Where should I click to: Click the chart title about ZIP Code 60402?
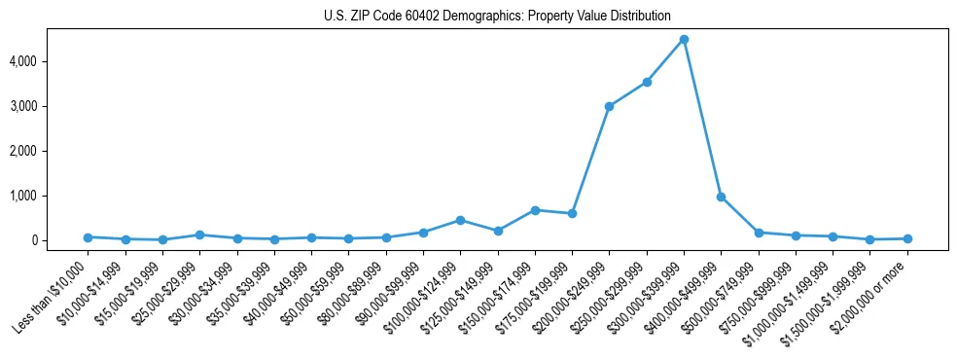pyautogui.click(x=497, y=16)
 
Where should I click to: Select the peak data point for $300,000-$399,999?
pyautogui.click(x=684, y=39)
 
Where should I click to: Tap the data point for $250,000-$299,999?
pyautogui.click(x=647, y=82)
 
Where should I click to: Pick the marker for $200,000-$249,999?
pyautogui.click(x=609, y=106)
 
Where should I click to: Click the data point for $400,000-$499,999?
pyautogui.click(x=721, y=197)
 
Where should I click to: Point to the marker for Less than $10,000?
pyautogui.click(x=88, y=236)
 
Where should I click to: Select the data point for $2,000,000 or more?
pyautogui.click(x=907, y=238)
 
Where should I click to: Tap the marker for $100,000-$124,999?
pyautogui.click(x=460, y=220)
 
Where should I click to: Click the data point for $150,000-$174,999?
pyautogui.click(x=535, y=210)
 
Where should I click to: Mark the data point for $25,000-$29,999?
pyautogui.click(x=199, y=234)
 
